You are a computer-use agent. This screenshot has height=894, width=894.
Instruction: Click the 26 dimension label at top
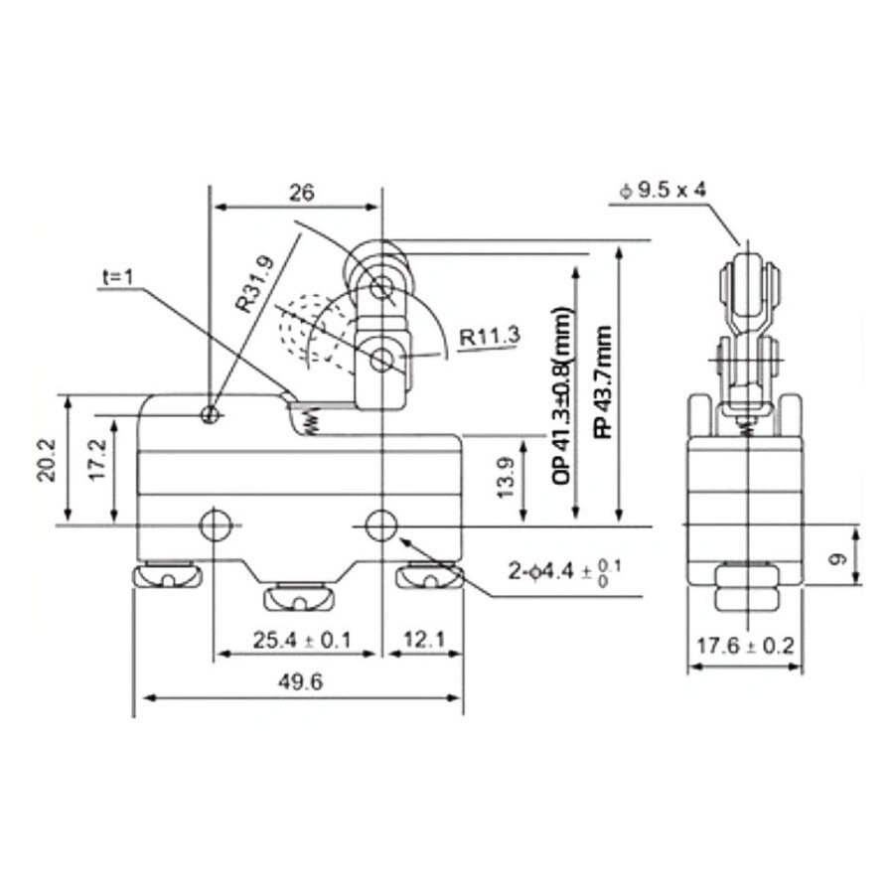pyautogui.click(x=301, y=193)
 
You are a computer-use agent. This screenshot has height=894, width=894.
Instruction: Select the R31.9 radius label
pyautogui.click(x=255, y=284)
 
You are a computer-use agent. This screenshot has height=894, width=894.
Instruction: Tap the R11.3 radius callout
pyautogui.click(x=490, y=337)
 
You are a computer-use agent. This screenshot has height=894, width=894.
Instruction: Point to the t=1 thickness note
pyautogui.click(x=117, y=278)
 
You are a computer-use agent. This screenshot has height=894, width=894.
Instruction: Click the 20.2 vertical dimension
pyautogui.click(x=46, y=460)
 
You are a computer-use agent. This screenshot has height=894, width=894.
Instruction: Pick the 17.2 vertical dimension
pyautogui.click(x=97, y=460)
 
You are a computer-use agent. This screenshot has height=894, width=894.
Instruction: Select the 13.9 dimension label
pyautogui.click(x=506, y=478)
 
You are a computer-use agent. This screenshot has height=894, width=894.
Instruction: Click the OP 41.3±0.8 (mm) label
pyautogui.click(x=561, y=396)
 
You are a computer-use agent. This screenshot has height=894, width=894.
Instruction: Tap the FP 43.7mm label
pyautogui.click(x=603, y=381)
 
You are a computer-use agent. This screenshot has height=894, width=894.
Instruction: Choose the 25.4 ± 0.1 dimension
pyautogui.click(x=302, y=641)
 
